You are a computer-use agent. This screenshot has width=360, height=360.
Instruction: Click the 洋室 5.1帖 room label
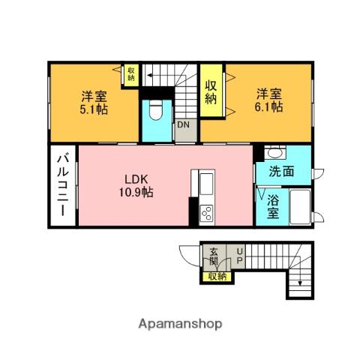(x=94, y=103)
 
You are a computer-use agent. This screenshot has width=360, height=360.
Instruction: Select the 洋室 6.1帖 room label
(x=269, y=100)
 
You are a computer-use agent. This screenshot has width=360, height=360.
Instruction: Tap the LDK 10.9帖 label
(x=136, y=186)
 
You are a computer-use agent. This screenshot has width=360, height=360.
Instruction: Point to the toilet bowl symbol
(x=156, y=110)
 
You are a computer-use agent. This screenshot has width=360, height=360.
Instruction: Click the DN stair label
(x=183, y=124)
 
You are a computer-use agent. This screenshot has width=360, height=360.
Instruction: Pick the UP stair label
(x=239, y=256)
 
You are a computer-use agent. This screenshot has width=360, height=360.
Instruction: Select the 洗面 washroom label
(x=281, y=172)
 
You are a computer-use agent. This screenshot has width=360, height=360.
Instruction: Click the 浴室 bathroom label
(x=273, y=206)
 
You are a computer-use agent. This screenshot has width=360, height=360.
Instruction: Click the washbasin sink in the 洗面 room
(x=275, y=152)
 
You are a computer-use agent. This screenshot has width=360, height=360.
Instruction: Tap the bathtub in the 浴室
(x=300, y=206)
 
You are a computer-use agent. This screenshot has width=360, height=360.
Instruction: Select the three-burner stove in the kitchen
(x=207, y=213)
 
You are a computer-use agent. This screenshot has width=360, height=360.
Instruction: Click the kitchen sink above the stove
(x=206, y=184)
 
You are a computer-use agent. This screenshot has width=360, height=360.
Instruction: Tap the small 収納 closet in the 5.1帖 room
(x=131, y=74)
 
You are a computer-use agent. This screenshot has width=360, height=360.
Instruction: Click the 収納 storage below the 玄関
(x=217, y=276)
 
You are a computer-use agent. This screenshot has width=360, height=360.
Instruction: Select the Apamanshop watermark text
(x=180, y=324)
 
